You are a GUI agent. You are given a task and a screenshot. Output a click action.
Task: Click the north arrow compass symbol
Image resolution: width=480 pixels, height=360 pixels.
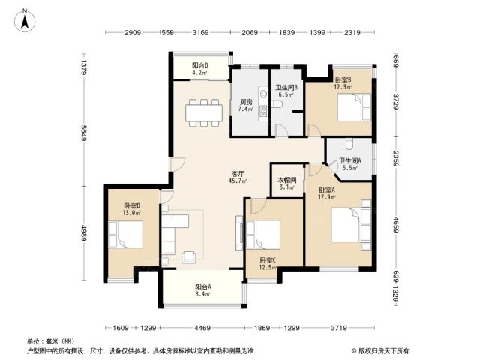click(25, 21)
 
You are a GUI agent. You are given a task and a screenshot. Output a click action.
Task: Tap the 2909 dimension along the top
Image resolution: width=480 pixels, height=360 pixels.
click(133, 32)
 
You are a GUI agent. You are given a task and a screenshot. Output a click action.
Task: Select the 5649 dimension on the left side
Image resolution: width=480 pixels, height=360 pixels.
click(84, 133)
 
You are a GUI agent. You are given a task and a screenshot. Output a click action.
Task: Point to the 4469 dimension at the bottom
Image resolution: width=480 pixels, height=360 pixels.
click(202, 328)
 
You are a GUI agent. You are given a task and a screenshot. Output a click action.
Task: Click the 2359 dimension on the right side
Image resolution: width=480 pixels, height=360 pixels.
click(396, 158)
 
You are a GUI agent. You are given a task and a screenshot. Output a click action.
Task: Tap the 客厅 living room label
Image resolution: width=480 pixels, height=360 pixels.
click(237, 174)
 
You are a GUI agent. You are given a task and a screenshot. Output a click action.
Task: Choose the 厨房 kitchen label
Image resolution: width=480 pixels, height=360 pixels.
click(246, 102)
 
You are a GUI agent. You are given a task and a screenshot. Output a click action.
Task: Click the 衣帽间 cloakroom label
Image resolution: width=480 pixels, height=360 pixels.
click(286, 181)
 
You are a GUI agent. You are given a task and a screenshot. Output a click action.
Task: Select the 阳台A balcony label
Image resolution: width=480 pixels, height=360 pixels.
click(203, 287)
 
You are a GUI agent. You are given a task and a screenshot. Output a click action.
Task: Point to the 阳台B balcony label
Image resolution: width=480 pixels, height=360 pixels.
click(200, 65)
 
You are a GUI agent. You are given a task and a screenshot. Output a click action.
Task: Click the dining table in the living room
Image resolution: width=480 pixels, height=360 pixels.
click(204, 112)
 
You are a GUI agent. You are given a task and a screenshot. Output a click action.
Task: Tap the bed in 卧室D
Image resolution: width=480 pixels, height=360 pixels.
click(125, 235)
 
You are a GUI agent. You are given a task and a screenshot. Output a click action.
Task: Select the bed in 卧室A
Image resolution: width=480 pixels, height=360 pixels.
click(351, 225)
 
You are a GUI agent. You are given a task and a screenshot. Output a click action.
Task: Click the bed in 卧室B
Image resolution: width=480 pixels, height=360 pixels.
click(354, 107)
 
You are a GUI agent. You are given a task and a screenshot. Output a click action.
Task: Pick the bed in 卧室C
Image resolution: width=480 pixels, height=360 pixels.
click(263, 235)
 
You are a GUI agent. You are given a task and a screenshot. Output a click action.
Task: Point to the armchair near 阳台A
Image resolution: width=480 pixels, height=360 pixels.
click(189, 257)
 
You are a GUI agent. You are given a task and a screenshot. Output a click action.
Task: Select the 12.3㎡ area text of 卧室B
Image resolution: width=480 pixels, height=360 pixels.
click(343, 87)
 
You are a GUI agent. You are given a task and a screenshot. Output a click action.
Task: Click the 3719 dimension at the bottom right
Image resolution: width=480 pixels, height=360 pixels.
click(339, 328)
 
